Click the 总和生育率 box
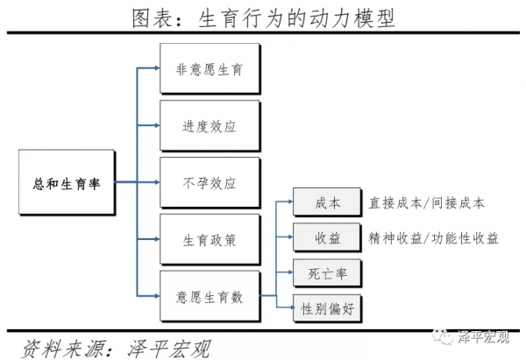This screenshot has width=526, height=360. coord(66,182)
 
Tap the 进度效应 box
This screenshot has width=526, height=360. coord(210,125)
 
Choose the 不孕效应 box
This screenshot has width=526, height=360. coord(210,182)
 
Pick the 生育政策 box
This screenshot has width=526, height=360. coord(210,239)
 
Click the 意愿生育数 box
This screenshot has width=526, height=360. coord(210,297)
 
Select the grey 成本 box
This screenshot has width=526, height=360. coord(327,203)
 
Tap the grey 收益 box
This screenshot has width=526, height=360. coord(327,238)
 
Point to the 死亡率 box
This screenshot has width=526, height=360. coord(327,273)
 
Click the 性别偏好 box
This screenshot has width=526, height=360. coord(327,307)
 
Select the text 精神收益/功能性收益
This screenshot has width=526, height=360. coord(433,238)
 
